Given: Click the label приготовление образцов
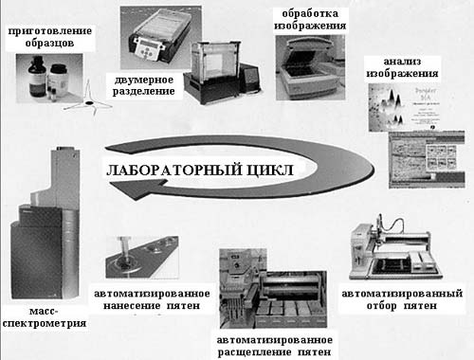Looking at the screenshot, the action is click(x=50, y=37).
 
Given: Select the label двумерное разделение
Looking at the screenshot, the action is click(x=144, y=85).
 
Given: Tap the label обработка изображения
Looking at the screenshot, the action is click(x=310, y=20).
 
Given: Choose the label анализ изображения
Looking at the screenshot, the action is click(x=402, y=67).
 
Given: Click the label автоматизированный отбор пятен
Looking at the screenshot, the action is click(x=402, y=299).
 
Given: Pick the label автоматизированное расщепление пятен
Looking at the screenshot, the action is click(x=274, y=346).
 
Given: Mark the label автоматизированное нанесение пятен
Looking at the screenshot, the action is click(x=152, y=299).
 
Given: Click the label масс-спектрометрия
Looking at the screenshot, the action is click(x=45, y=317).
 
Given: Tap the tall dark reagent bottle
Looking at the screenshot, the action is click(x=37, y=77).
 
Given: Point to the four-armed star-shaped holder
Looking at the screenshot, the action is click(x=88, y=100).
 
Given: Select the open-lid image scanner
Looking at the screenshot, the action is click(x=310, y=67).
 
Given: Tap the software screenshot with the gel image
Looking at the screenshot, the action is click(x=427, y=160).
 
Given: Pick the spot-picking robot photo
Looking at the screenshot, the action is click(x=395, y=248).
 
